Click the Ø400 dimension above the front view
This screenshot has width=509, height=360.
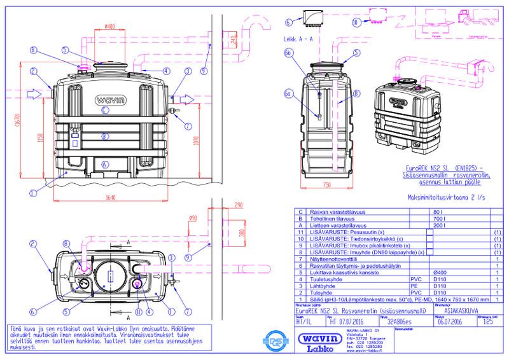point(109,26)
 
